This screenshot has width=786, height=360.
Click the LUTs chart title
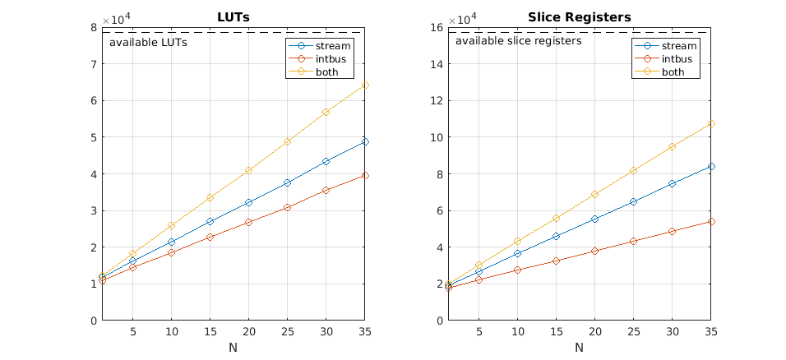pyautogui.click(x=233, y=16)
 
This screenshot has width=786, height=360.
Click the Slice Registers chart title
pyautogui.click(x=579, y=16)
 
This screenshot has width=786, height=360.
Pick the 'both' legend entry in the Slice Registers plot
pyautogui.click(x=673, y=72)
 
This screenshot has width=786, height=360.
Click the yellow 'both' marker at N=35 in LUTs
pyautogui.click(x=365, y=85)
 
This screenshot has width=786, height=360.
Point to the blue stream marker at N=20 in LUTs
pyautogui.click(x=248, y=202)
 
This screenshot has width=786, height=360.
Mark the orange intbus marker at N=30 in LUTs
pyautogui.click(x=326, y=190)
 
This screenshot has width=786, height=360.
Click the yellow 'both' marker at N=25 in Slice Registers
pyautogui.click(x=633, y=170)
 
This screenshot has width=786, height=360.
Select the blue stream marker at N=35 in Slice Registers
pyautogui.click(x=711, y=166)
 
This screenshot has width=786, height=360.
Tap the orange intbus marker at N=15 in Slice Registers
pyautogui.click(x=556, y=261)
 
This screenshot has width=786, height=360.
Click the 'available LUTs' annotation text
pyautogui.click(x=148, y=42)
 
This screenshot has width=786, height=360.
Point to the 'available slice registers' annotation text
pyautogui.click(x=518, y=40)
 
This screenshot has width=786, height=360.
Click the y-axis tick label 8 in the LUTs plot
pyautogui.click(x=95, y=27)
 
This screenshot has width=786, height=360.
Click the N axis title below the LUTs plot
pyautogui.click(x=233, y=348)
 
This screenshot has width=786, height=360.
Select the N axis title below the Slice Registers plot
pyautogui.click(x=579, y=348)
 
